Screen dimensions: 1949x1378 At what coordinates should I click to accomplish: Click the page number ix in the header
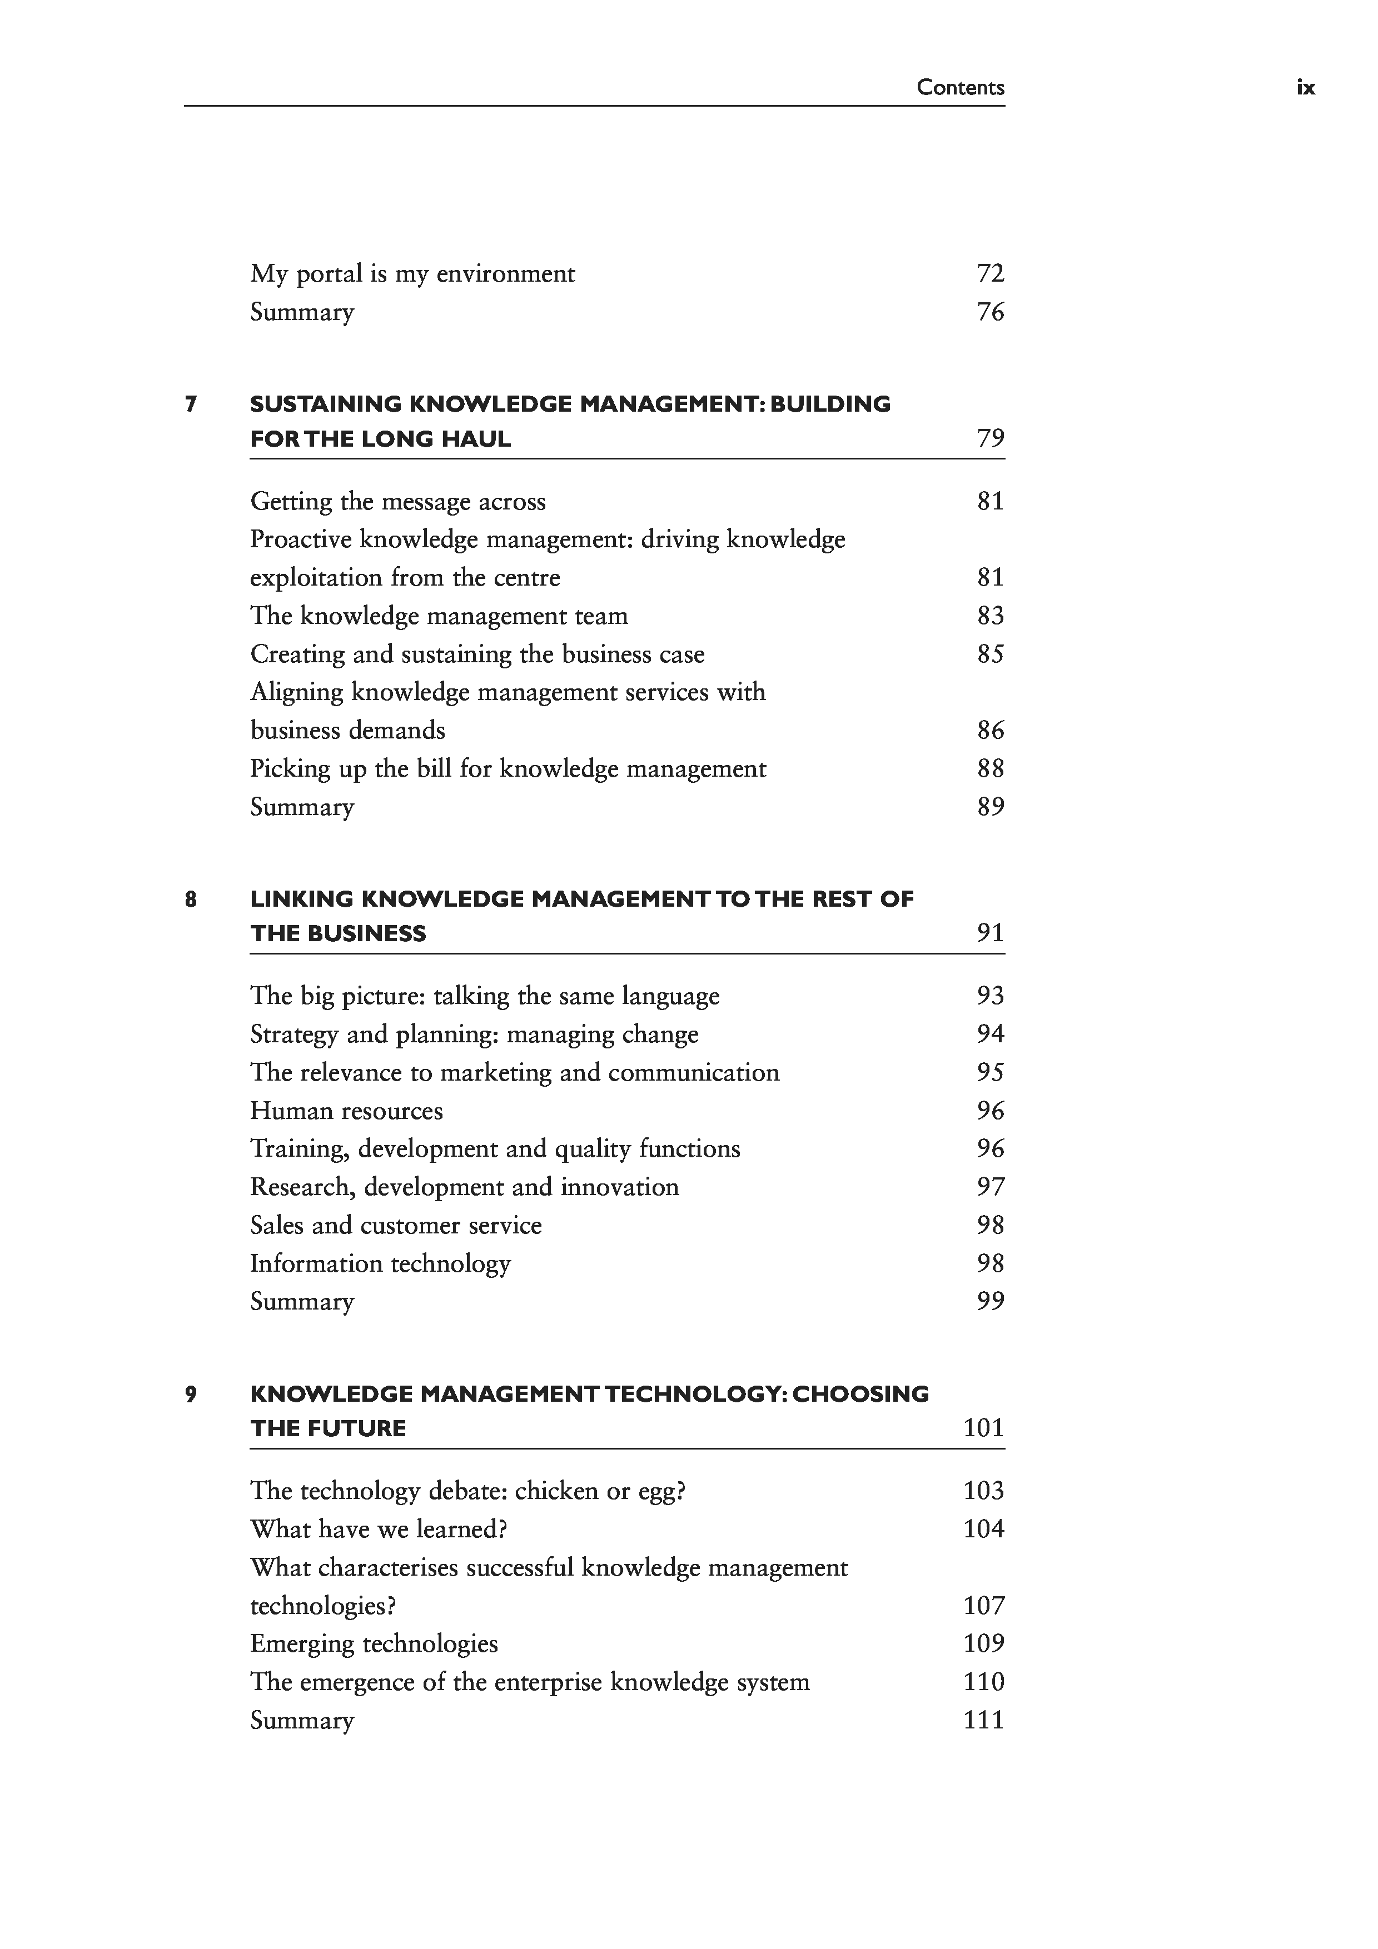(1305, 87)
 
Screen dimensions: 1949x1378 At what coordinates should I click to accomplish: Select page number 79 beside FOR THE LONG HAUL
(990, 439)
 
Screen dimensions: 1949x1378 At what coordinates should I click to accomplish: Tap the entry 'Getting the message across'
(397, 502)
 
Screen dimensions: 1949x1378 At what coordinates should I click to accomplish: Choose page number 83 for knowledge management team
(990, 616)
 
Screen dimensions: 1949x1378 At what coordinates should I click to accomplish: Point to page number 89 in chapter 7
(990, 807)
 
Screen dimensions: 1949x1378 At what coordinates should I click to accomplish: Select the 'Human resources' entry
(346, 1111)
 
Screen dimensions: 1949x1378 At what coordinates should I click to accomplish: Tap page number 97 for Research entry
(990, 1187)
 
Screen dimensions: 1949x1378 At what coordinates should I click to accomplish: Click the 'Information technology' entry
(380, 1264)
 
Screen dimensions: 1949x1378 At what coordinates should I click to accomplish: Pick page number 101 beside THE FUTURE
(983, 1428)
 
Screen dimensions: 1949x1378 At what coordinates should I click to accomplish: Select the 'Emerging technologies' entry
(374, 1644)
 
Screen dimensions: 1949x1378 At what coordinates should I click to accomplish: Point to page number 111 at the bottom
(983, 1721)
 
